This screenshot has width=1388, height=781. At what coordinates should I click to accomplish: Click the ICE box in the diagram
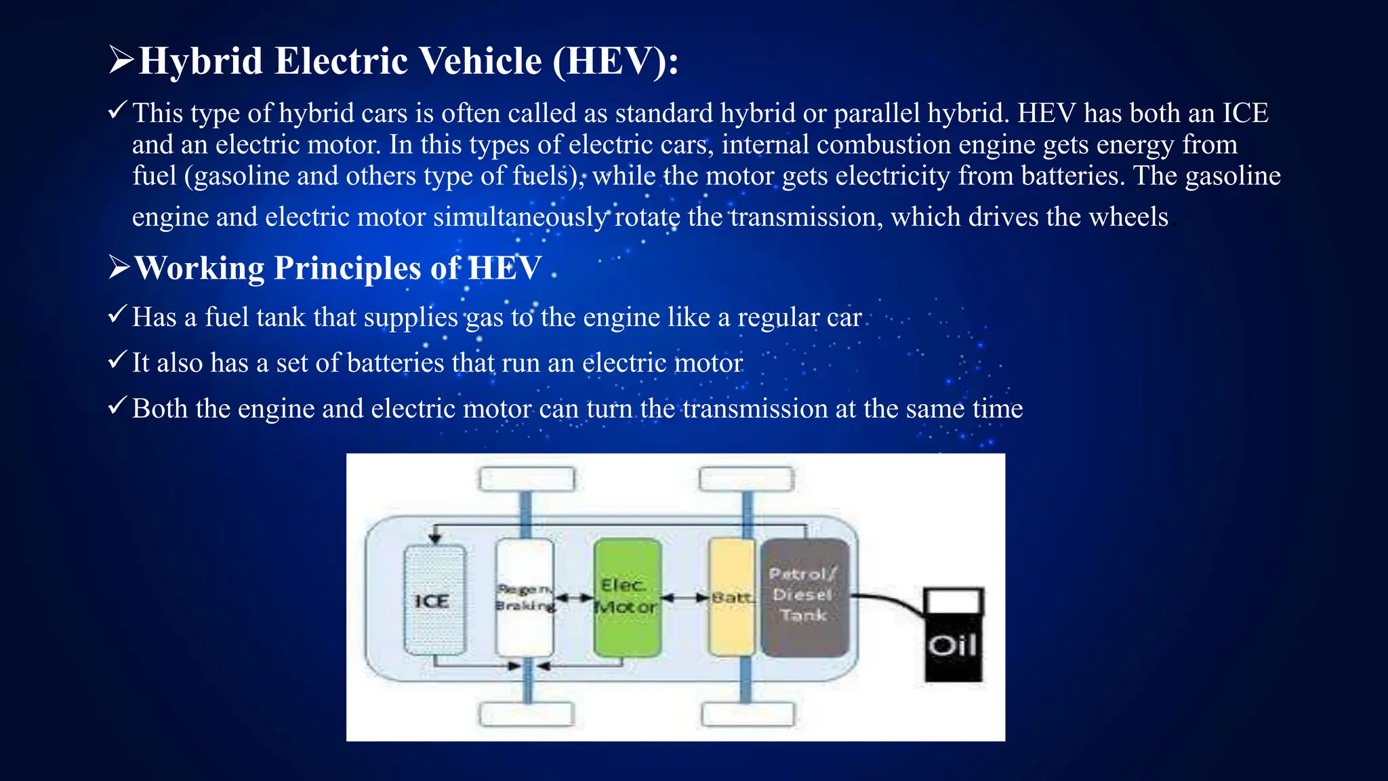[x=434, y=599]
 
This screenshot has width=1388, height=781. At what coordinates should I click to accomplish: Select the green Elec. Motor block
[x=627, y=597]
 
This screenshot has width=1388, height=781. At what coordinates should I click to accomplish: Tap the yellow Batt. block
[x=731, y=597]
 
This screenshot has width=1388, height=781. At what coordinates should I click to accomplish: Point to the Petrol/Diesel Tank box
[x=805, y=597]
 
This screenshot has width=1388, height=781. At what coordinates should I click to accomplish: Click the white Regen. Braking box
[x=525, y=597]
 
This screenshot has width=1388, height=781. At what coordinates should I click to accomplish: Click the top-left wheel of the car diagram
[x=527, y=479]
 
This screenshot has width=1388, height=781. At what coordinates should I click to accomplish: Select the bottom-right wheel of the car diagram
[x=748, y=714]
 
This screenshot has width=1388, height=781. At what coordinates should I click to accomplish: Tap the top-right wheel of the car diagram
[x=746, y=479]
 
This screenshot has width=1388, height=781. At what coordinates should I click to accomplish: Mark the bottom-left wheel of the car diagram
[x=527, y=714]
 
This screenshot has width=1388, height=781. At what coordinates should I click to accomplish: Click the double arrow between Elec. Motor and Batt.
[x=685, y=598]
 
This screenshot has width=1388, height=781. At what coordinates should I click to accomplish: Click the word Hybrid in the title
[x=201, y=61]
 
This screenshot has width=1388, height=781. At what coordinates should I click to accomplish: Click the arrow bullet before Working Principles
[x=119, y=268]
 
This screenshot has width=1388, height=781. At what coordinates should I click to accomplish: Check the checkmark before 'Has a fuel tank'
[x=117, y=315]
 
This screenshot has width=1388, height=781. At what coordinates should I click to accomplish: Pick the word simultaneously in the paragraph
[x=520, y=218]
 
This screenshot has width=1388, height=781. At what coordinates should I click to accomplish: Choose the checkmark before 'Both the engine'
[x=117, y=406]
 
